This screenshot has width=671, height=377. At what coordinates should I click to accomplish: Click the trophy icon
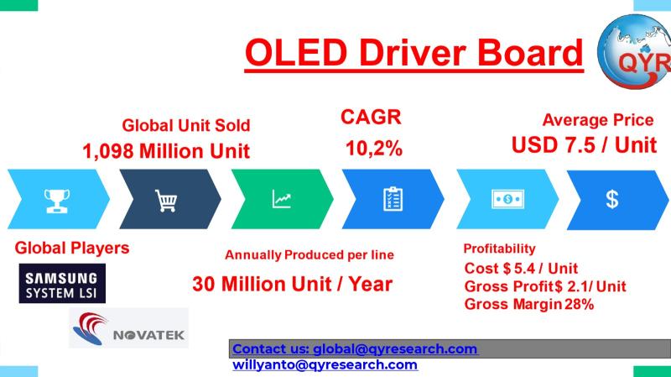[57, 201]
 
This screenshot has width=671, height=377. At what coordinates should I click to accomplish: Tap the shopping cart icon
[166, 201]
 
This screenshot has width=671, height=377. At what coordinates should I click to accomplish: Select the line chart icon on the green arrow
[282, 199]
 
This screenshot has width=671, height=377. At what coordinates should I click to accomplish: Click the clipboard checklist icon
[393, 199]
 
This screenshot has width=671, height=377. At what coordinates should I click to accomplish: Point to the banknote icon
[508, 199]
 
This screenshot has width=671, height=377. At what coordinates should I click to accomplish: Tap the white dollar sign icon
[612, 199]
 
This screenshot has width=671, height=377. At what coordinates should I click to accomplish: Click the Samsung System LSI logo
[62, 284]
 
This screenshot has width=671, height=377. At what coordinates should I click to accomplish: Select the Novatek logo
[129, 327]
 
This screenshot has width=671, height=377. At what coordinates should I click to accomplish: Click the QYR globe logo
[634, 51]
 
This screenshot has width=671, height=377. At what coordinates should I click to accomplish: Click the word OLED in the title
[296, 52]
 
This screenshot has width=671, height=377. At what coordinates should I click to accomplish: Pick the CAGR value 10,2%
[374, 149]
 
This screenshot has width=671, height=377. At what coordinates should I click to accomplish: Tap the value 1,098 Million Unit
[166, 151]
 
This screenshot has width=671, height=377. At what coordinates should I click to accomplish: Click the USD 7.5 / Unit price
[584, 145]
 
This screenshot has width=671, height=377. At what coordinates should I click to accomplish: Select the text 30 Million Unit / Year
[292, 284]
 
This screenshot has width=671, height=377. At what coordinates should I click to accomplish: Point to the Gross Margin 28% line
[529, 305]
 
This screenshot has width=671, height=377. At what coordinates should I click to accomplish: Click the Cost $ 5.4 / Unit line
[521, 269]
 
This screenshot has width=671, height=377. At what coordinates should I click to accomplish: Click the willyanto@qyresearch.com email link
[325, 365]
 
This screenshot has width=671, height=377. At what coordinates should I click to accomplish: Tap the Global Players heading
[72, 248]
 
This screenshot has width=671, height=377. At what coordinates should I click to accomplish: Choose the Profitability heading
[499, 249]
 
